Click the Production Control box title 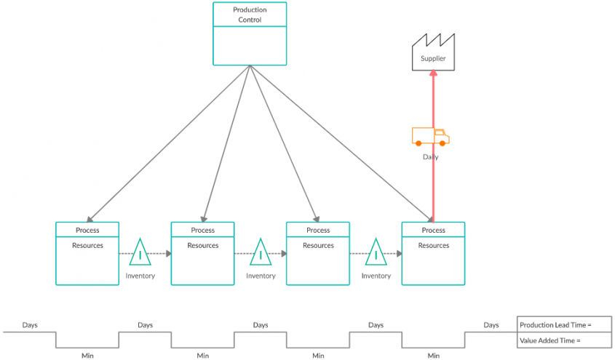click(250, 15)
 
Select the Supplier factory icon click(433, 53)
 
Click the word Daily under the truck click(430, 156)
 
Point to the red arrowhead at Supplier click(433, 73)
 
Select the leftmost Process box click(87, 253)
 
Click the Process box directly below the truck click(433, 253)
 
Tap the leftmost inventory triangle click(140, 254)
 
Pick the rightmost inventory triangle click(376, 254)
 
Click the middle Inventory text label click(261, 276)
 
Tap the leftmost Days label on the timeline click(30, 325)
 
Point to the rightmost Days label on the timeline click(491, 325)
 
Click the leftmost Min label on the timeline click(87, 356)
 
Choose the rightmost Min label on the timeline click(433, 356)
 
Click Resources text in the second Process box click(202, 246)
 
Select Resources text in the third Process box click(318, 246)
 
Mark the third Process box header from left click(318, 230)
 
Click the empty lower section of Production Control click(250, 45)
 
